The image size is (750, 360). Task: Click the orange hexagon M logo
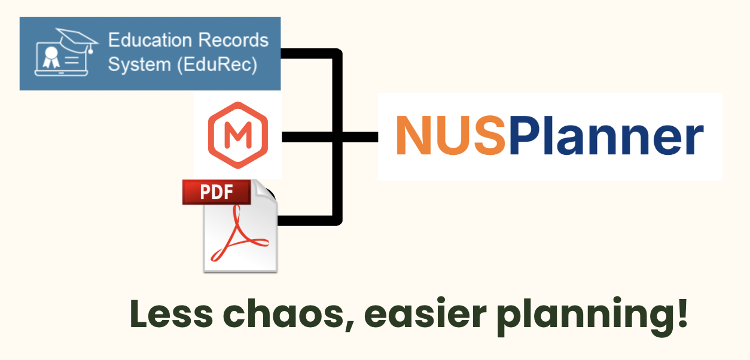pos(237,136)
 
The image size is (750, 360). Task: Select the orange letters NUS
pos(451,136)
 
